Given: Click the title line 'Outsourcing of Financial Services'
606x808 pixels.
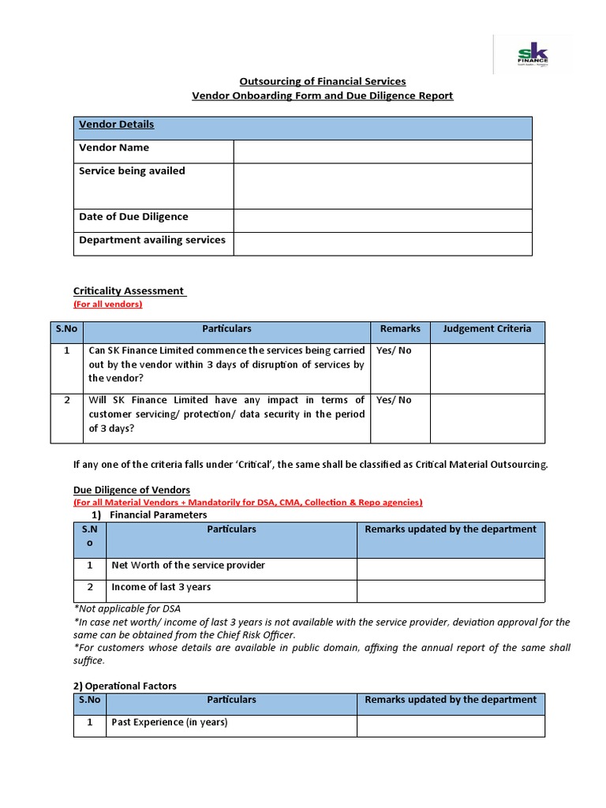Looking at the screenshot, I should (x=323, y=81).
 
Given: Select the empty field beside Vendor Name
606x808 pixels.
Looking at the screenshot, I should (x=382, y=151).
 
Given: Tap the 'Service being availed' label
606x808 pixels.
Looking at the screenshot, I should (x=132, y=171).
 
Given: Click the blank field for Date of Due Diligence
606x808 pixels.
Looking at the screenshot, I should (x=382, y=220).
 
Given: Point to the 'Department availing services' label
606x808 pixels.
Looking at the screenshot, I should (x=152, y=240).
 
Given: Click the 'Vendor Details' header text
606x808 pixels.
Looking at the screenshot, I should (x=116, y=125).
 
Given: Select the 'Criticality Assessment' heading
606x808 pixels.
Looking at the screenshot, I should (x=129, y=291).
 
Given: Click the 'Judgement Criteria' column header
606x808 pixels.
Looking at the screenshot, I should (x=487, y=329).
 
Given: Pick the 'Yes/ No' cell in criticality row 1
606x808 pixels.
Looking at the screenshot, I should (x=394, y=350).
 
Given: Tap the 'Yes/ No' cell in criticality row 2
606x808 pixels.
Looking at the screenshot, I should (x=394, y=400).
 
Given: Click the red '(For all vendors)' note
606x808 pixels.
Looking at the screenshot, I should (x=107, y=304).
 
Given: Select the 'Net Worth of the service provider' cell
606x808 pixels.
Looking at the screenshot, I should (x=188, y=565).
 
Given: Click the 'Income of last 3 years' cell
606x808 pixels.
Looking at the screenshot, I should (x=161, y=587).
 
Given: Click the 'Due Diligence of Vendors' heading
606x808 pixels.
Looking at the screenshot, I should (x=132, y=490).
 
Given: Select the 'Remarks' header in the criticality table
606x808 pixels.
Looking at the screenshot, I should (x=400, y=329).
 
